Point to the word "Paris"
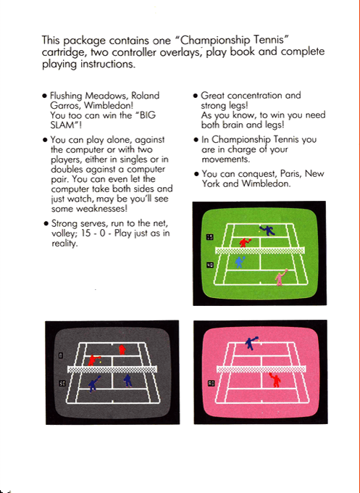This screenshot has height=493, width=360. tap(290, 174)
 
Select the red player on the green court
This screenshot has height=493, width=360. tap(245, 241)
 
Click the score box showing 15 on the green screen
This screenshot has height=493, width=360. tap(210, 237)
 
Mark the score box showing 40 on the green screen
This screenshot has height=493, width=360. tap(210, 265)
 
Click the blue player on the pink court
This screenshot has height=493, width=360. tap(251, 342)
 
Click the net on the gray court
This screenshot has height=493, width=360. tap(112, 368)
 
